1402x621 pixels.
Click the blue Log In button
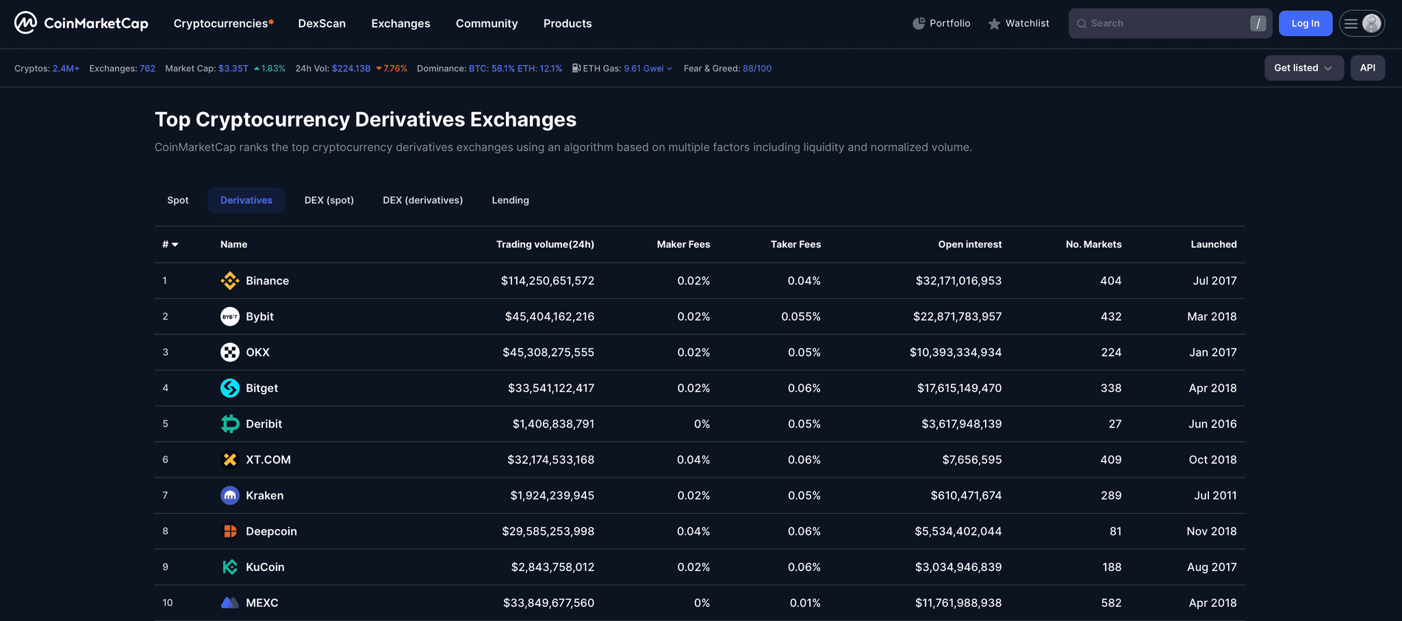pos(1305,23)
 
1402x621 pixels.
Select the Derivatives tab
pos(246,200)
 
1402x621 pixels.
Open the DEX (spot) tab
pos(329,200)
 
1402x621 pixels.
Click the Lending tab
pos(510,200)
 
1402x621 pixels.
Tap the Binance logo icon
pos(230,280)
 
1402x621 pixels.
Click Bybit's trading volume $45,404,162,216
pos(549,317)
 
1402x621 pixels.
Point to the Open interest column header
pos(969,244)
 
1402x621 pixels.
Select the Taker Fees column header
pos(795,244)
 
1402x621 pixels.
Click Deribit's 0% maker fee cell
pos(702,424)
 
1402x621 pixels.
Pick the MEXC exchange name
pos(262,603)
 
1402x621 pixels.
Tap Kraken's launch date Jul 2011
pos(1215,495)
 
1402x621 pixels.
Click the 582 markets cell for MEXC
pos(1110,603)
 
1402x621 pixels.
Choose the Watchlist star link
pos(1019,23)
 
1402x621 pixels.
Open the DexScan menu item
pos(322,23)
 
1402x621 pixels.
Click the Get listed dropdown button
pos(1303,68)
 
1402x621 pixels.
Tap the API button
pos(1367,68)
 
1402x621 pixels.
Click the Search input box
pos(1164,23)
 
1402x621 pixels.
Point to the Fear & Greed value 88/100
pos(756,68)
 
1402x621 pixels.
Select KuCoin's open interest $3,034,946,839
pos(958,567)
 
